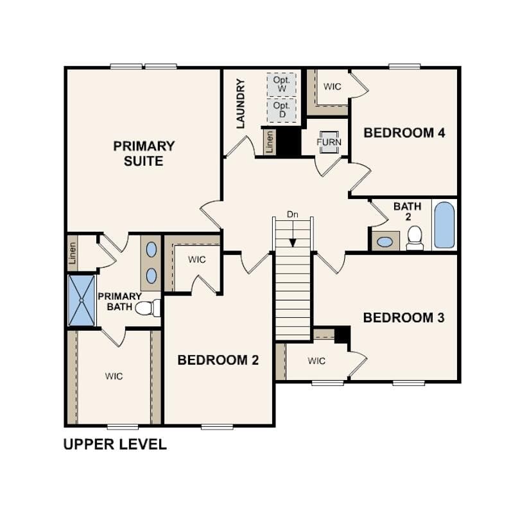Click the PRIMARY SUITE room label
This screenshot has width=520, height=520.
coord(143,153)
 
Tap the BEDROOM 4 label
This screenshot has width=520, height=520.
coord(404,133)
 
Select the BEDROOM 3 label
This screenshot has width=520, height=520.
coord(404,317)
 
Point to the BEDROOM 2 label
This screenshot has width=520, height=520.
coord(218,360)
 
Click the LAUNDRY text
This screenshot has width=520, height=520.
coord(241,103)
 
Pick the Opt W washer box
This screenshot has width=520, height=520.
coord(281,83)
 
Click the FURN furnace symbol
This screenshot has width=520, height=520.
coord(329,141)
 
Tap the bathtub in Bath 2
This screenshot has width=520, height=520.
coord(444,225)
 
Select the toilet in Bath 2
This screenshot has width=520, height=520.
coord(415,237)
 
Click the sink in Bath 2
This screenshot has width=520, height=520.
coord(385,241)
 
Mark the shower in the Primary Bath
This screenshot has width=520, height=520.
coord(82,300)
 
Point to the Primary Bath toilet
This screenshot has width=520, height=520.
coord(147,308)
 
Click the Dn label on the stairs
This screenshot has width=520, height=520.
coord(293,214)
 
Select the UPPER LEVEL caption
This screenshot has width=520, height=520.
coord(115,444)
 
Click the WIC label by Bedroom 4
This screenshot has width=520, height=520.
coord(332,87)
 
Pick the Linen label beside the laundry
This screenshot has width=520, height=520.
coord(269,142)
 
